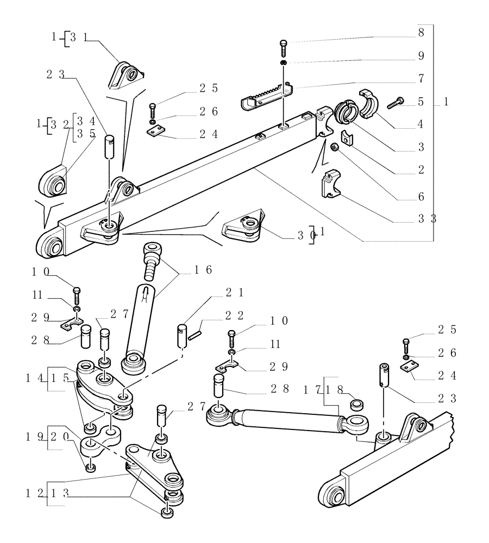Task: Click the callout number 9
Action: [x=420, y=55]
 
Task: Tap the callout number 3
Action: [x=420, y=147]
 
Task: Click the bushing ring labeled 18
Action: [x=356, y=405]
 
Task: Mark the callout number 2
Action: [x=420, y=171]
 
